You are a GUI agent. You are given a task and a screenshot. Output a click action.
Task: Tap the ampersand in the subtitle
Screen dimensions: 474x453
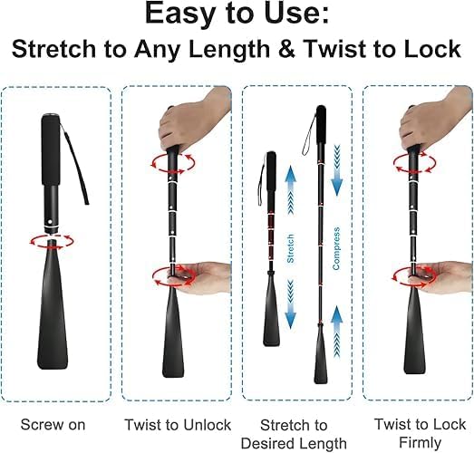[286, 49]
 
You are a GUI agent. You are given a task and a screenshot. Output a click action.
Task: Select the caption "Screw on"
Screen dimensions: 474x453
[53, 425]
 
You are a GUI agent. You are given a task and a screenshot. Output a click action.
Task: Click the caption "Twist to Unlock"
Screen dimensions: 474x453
[178, 425]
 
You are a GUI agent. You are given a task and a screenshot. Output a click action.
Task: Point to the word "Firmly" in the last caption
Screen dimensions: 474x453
[420, 442]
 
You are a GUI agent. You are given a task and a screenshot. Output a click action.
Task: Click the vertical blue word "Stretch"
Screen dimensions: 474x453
[290, 248]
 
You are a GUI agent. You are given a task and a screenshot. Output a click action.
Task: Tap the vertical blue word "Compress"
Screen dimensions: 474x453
[336, 248]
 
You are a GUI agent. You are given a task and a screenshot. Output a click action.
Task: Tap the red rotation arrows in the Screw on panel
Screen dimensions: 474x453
[52, 242]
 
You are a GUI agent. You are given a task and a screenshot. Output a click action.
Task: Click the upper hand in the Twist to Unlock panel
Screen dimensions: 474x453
[195, 120]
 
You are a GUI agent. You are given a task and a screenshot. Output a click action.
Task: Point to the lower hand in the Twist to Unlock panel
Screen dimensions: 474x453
[200, 277]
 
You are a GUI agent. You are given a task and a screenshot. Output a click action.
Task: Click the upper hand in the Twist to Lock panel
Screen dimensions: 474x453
[436, 120]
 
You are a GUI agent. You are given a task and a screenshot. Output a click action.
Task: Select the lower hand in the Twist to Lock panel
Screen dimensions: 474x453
[441, 277]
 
